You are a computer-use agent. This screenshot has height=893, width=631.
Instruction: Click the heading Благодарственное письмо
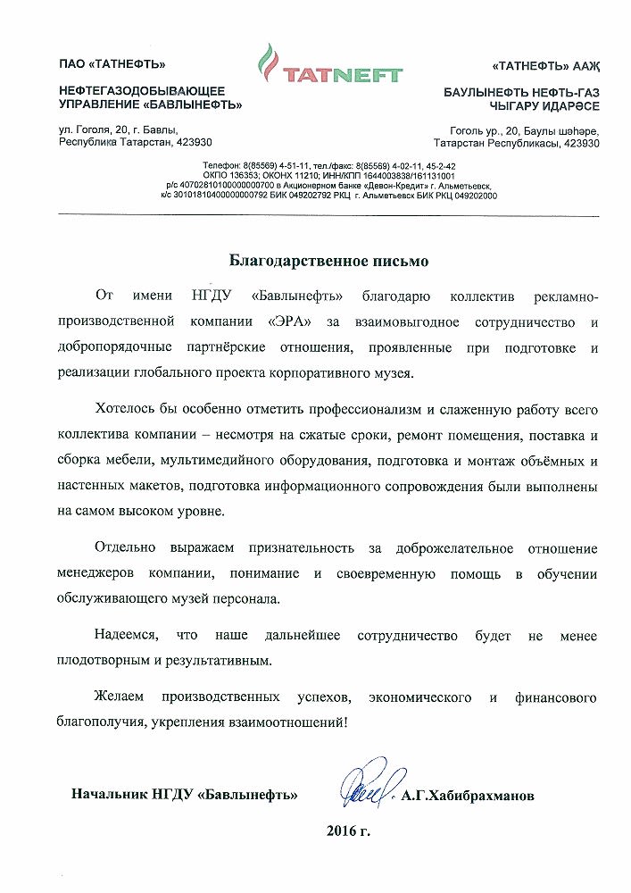tap(329, 262)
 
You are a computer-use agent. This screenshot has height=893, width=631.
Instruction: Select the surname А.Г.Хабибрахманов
tap(469, 794)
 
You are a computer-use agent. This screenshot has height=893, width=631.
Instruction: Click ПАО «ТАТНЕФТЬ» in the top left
tap(112, 63)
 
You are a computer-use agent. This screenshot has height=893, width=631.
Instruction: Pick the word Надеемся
tap(125, 636)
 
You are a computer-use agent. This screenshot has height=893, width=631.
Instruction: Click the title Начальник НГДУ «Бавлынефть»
tap(185, 794)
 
